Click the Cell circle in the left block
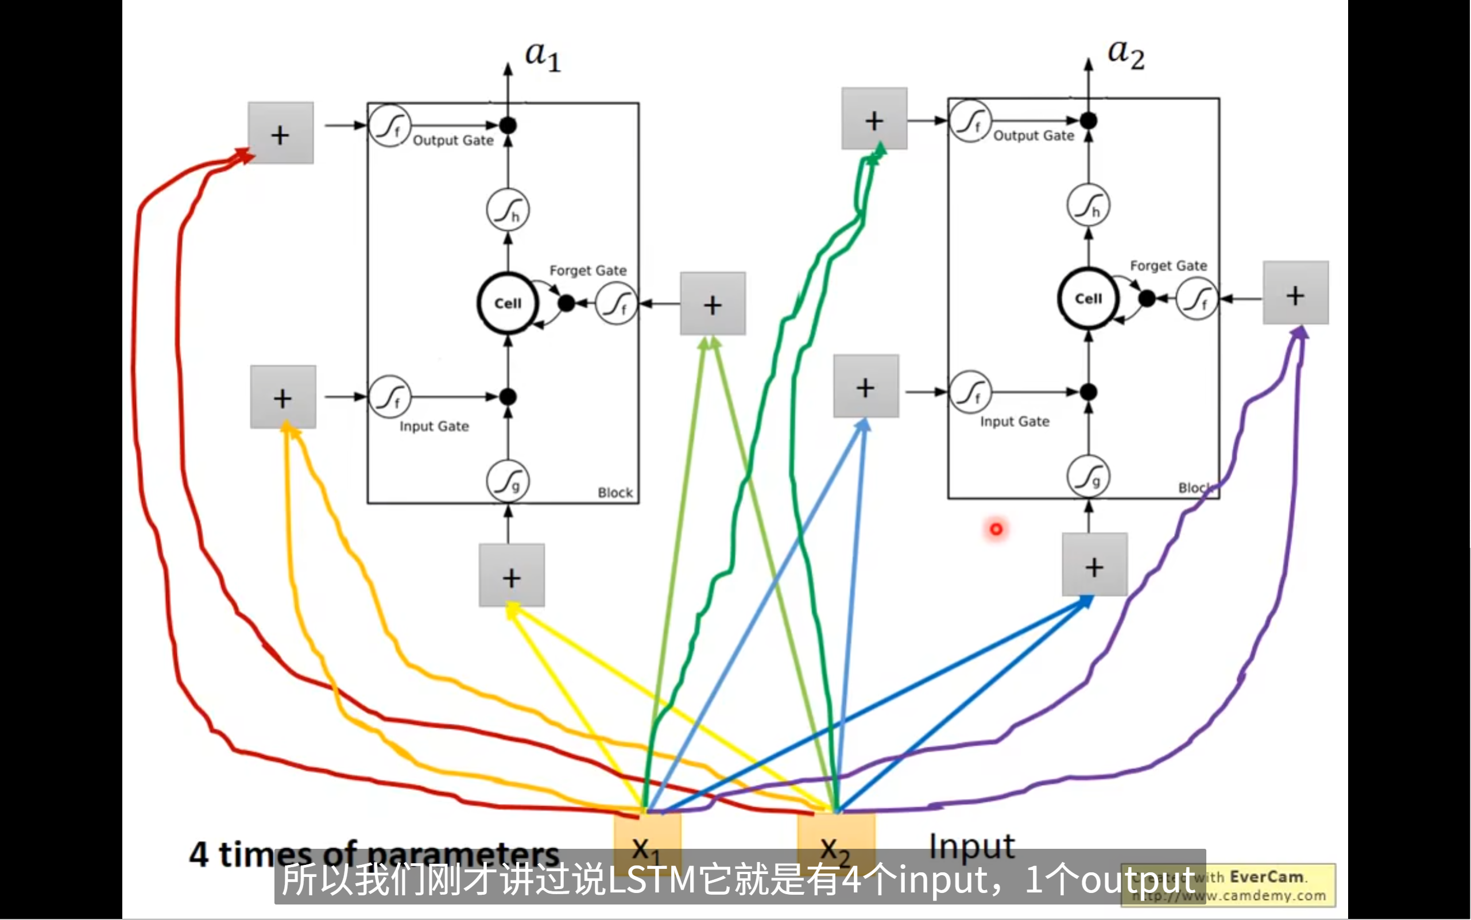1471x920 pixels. click(508, 303)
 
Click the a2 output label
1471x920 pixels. click(1125, 53)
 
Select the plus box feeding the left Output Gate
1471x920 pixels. click(280, 133)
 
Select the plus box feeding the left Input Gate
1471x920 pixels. click(283, 397)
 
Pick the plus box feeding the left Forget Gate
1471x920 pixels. click(713, 304)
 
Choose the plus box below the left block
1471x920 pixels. click(512, 575)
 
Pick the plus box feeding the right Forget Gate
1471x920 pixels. click(1295, 293)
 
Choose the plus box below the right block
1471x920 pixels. click(1094, 565)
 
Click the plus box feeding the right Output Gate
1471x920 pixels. click(874, 119)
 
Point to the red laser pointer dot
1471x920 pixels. click(996, 529)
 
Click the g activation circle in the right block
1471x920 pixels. click(1089, 476)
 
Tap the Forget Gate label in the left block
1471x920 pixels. click(588, 270)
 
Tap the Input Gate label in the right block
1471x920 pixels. click(1014, 421)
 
